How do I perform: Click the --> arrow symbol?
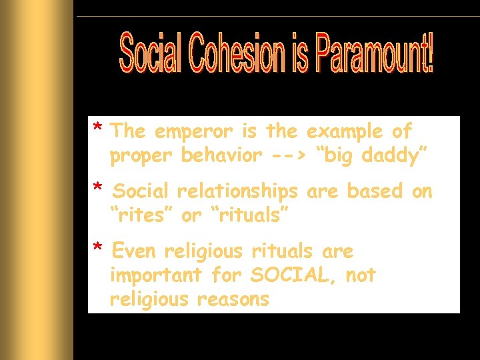[x=288, y=156]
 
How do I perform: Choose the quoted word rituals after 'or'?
[x=249, y=215]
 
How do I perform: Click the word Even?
[x=135, y=251]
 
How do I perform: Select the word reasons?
[x=233, y=299]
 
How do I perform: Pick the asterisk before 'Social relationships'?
[x=97, y=189]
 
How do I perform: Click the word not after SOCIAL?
[x=361, y=275]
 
